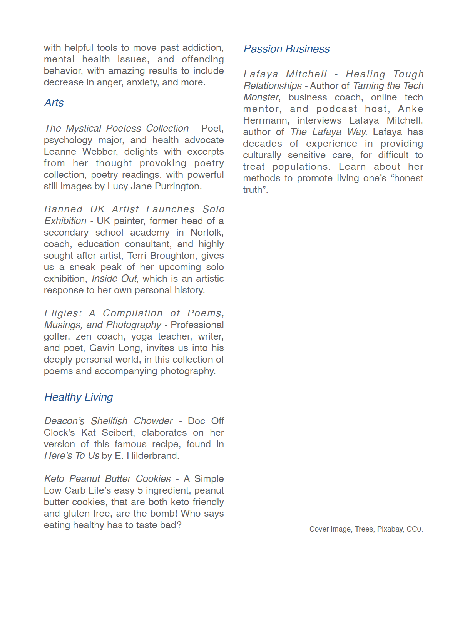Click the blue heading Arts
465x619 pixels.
click(x=54, y=103)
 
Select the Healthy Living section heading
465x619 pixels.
click(x=79, y=397)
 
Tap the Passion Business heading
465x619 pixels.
click(x=286, y=49)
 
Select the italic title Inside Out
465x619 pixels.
click(x=114, y=279)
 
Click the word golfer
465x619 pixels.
click(x=56, y=336)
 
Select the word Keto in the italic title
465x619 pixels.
click(x=54, y=479)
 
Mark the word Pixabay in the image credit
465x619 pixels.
click(x=390, y=529)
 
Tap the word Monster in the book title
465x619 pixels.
click(x=261, y=97)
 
